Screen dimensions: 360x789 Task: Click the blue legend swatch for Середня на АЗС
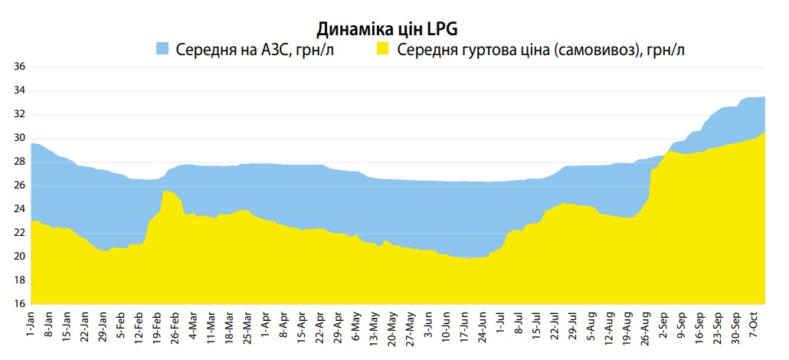click(x=162, y=49)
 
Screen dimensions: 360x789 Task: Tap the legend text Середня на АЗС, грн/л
click(x=255, y=50)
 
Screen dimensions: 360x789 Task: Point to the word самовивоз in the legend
click(x=583, y=50)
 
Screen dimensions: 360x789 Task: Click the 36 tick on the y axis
click(x=20, y=67)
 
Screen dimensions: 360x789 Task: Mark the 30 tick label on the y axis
click(x=20, y=138)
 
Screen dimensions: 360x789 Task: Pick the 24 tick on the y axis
click(x=20, y=209)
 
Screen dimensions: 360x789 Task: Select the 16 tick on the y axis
click(x=20, y=303)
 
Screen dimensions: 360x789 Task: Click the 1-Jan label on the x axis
click(x=31, y=326)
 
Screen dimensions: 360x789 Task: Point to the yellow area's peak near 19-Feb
click(x=166, y=191)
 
